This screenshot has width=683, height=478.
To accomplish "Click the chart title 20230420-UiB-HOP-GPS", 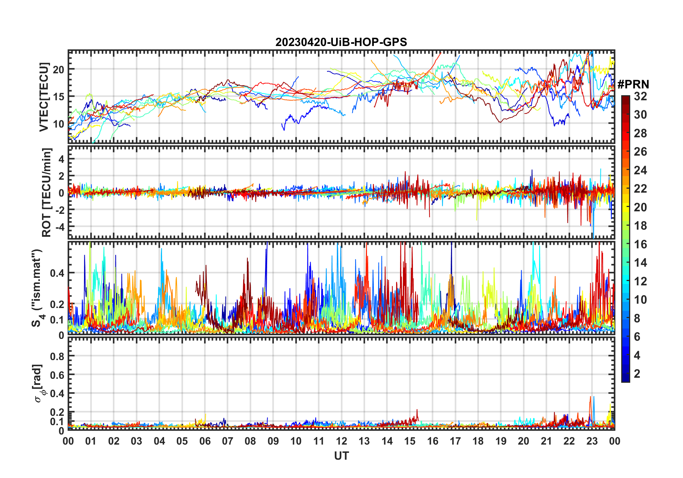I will (x=341, y=42).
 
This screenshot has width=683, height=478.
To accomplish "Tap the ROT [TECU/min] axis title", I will (x=46, y=192).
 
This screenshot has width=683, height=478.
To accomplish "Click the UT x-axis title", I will (x=341, y=456).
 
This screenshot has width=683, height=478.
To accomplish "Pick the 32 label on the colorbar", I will (x=640, y=96).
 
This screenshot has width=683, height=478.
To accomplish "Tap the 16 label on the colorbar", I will (x=640, y=244).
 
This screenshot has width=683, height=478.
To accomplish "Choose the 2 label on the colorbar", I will (x=637, y=374).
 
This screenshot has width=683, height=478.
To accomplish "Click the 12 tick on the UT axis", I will (x=341, y=441).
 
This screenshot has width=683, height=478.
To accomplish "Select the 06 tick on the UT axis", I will (x=205, y=441).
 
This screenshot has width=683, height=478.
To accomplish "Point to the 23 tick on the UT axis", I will (x=592, y=441).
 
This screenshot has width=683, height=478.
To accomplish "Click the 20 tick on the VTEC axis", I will (x=59, y=69).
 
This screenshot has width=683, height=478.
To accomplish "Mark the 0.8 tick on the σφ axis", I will (x=57, y=356).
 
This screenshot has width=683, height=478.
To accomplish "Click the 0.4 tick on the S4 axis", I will (x=57, y=273).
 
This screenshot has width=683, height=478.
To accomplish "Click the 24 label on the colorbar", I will (x=640, y=170).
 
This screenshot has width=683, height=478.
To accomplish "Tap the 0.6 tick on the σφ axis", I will (x=57, y=375).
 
